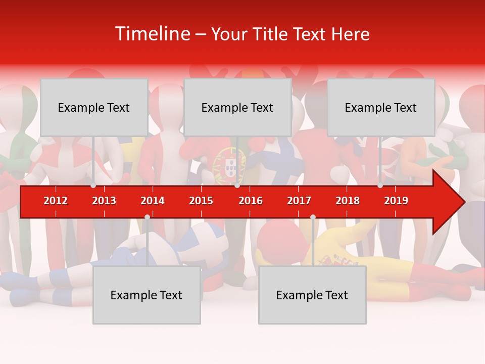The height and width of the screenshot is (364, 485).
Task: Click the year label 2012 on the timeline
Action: pyautogui.click(x=56, y=201)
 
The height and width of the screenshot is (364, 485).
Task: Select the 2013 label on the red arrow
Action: pyautogui.click(x=104, y=201)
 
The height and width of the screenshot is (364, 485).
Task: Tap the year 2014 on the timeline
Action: pyautogui.click(x=153, y=201)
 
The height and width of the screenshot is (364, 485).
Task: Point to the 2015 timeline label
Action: pyautogui.click(x=201, y=201)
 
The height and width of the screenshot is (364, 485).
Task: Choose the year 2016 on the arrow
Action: pyautogui.click(x=251, y=201)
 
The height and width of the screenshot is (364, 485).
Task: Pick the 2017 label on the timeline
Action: pyautogui.click(x=299, y=201)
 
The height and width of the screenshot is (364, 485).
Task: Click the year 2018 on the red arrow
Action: pyautogui.click(x=348, y=201)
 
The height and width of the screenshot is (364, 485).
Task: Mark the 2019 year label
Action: pyautogui.click(x=396, y=201)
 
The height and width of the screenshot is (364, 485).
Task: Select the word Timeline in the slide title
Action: pyautogui.click(x=152, y=34)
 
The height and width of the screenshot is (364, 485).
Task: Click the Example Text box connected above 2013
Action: pyautogui.click(x=94, y=107)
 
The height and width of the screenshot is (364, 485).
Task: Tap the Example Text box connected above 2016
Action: pyautogui.click(x=237, y=107)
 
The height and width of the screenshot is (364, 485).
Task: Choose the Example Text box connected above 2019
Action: pyautogui.click(x=381, y=107)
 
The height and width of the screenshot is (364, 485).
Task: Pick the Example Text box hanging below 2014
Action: pyautogui.click(x=147, y=295)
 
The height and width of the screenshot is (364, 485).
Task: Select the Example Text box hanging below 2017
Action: pyautogui.click(x=312, y=295)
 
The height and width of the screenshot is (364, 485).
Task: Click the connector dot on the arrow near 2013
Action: pyautogui.click(x=93, y=186)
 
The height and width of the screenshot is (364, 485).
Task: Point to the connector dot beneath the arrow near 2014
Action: pyautogui.click(x=147, y=217)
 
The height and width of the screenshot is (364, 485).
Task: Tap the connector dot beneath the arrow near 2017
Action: pyautogui.click(x=313, y=217)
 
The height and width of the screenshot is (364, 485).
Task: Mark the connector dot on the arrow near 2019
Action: pyautogui.click(x=380, y=186)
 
